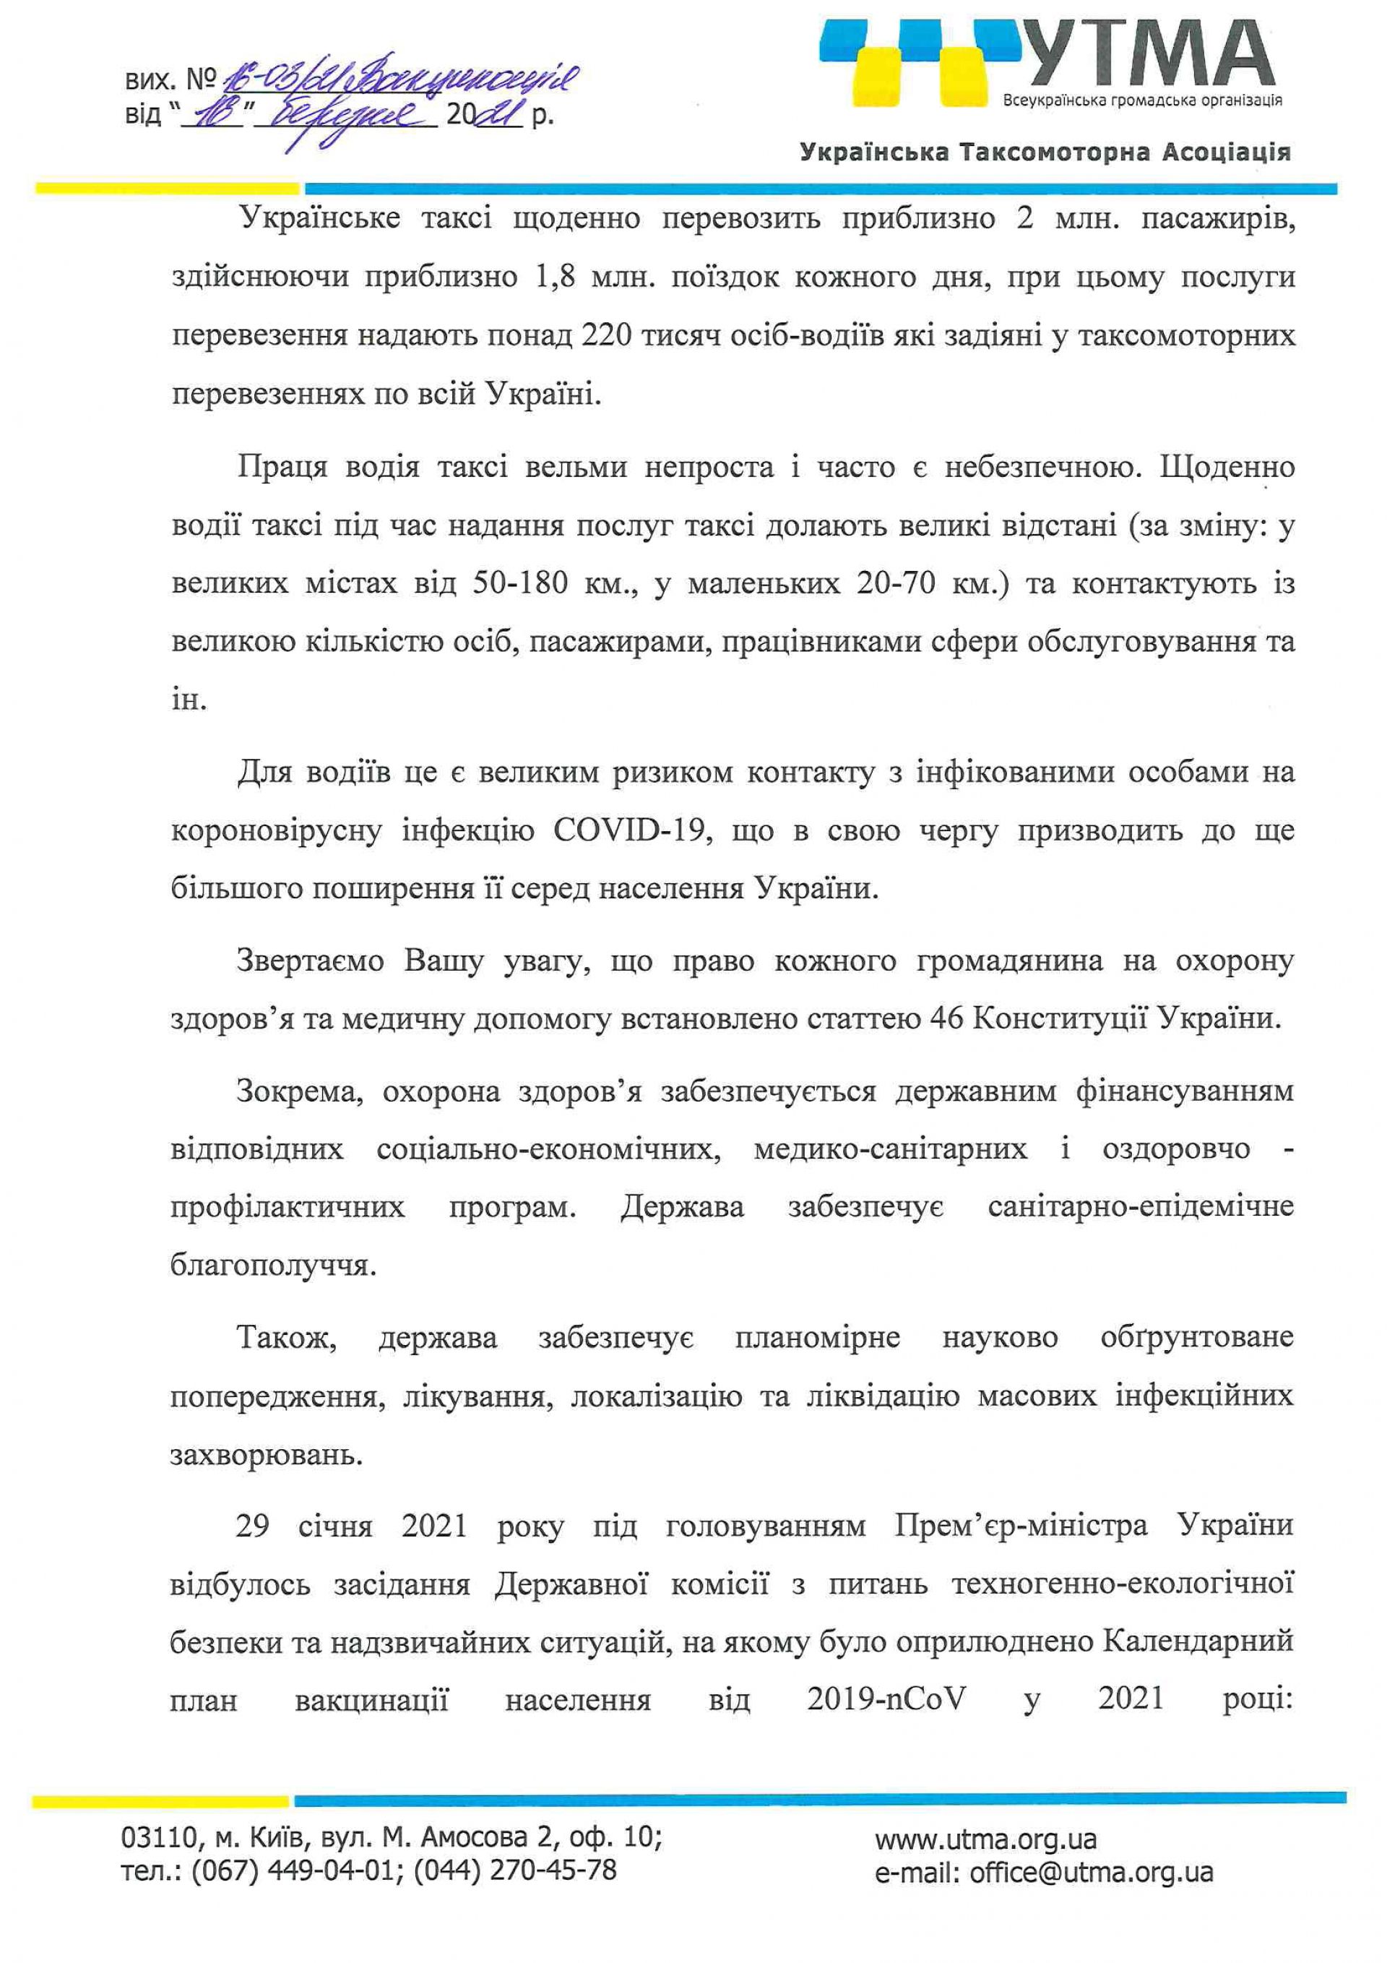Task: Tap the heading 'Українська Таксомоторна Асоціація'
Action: point(1045,153)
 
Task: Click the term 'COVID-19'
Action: point(634,831)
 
